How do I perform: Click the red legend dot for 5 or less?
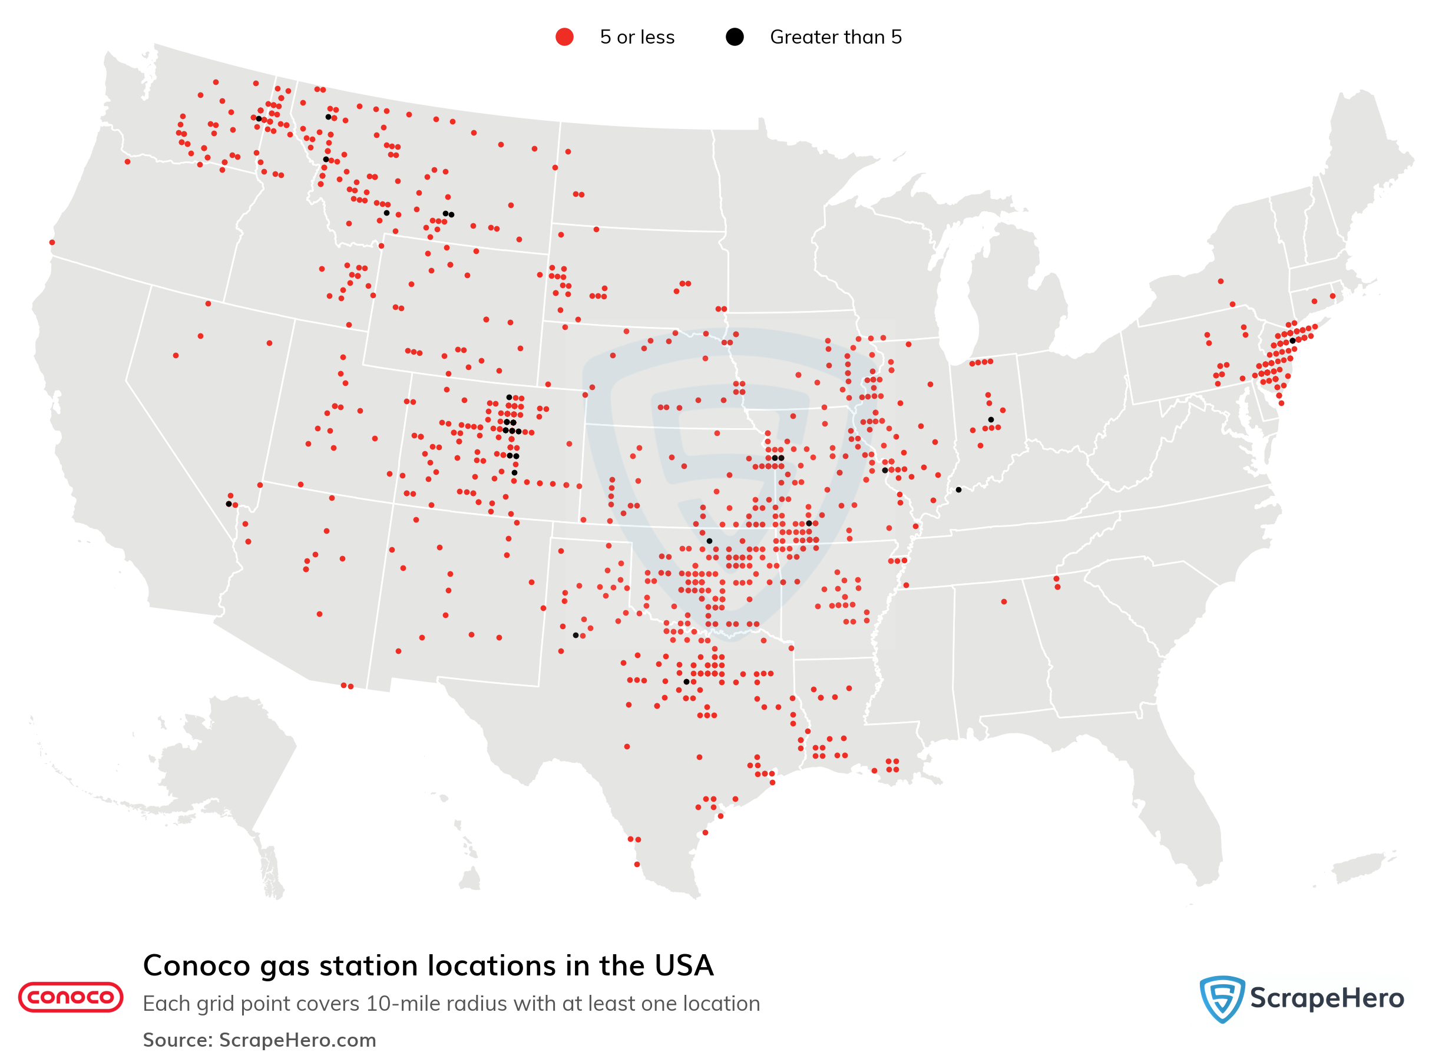[x=564, y=37]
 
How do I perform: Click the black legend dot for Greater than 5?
[x=734, y=37]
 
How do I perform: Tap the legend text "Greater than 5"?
[x=835, y=37]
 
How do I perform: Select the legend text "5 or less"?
[x=636, y=37]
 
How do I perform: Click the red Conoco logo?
[x=71, y=997]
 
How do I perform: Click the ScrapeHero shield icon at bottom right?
[x=1221, y=998]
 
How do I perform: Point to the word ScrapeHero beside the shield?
[x=1327, y=998]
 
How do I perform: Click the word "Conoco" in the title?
[x=196, y=965]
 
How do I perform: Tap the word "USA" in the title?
[x=684, y=965]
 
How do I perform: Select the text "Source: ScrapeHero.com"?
[x=259, y=1040]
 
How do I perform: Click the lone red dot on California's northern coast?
[x=52, y=242]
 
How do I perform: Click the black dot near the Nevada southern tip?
[x=229, y=504]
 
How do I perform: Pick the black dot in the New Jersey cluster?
[x=1292, y=340]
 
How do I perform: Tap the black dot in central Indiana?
[x=991, y=420]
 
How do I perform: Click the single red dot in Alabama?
[x=1004, y=602]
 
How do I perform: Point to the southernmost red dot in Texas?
[x=636, y=865]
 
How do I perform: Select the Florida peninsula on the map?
[x=1183, y=816]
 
